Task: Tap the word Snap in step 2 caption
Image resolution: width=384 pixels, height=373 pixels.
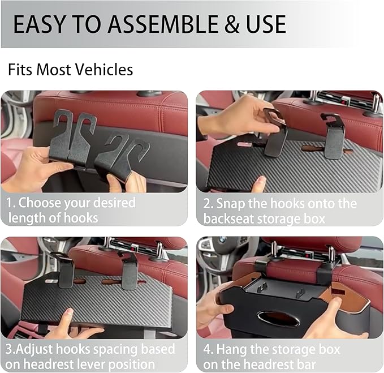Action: tap(230, 203)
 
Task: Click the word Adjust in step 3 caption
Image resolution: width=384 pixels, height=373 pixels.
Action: tap(34, 349)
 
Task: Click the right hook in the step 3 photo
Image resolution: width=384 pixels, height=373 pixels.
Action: tap(129, 272)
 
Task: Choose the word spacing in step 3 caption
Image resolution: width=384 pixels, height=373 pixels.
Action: tap(148, 349)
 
